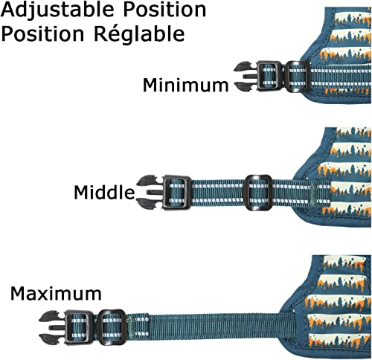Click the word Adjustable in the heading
[x=57, y=10]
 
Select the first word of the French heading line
[x=42, y=33]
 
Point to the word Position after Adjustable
[x=164, y=10]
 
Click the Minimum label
[x=185, y=85]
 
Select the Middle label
[x=104, y=192]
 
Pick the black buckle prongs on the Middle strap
[x=150, y=191]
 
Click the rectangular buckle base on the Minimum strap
[x=269, y=76]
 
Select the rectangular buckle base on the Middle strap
[x=176, y=193]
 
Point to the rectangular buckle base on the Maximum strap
[x=79, y=327]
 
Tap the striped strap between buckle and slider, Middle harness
[x=217, y=193]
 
